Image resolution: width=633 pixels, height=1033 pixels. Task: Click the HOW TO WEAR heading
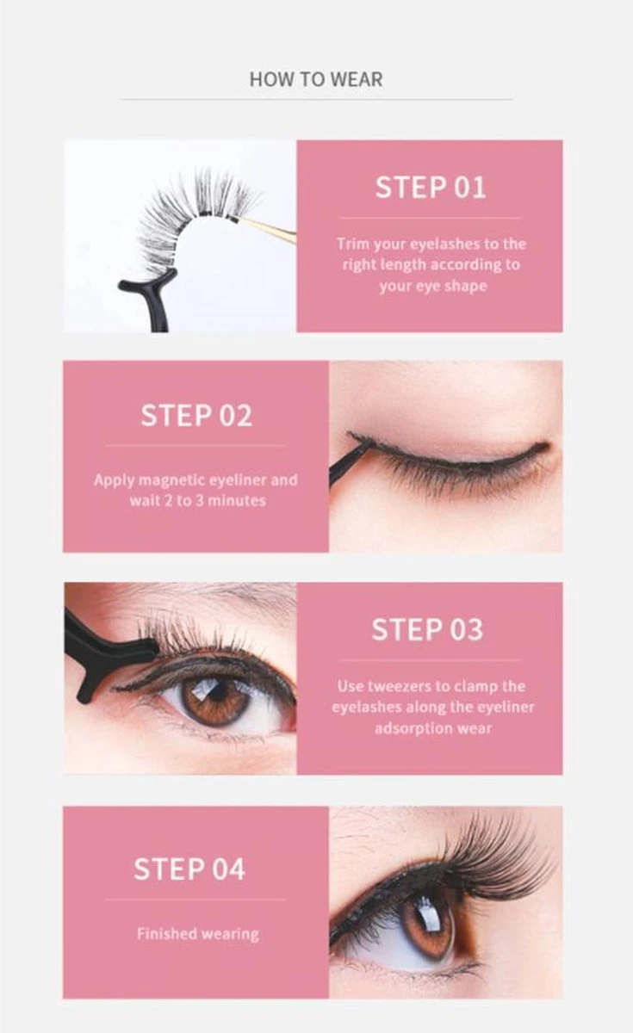[315, 79]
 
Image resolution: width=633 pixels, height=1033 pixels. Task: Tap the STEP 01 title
[430, 188]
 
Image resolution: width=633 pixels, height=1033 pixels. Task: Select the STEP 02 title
[196, 416]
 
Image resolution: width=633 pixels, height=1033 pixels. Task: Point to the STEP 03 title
[427, 630]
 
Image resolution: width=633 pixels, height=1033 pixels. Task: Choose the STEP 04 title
[189, 869]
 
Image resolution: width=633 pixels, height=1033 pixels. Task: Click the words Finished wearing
[197, 933]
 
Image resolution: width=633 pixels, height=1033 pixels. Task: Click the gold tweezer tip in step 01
[269, 230]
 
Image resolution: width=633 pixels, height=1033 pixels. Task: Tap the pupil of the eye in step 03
[214, 691]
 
